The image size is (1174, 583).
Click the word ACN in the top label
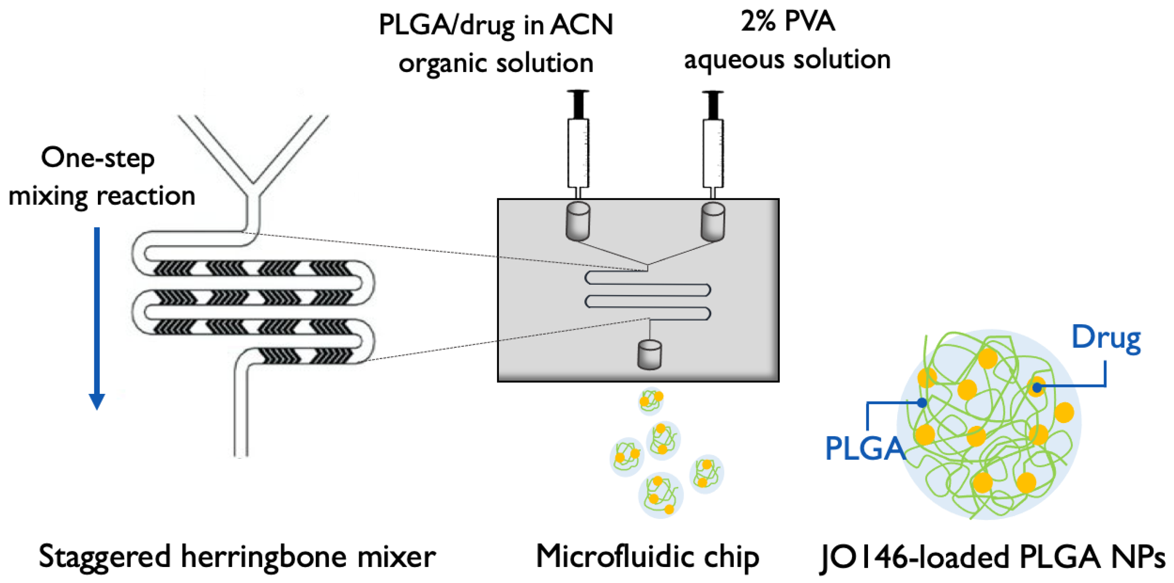click(x=582, y=25)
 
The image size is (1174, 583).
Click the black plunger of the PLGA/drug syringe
click(x=578, y=104)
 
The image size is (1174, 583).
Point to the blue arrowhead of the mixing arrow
click(x=97, y=401)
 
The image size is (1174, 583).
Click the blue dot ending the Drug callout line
click(x=1037, y=388)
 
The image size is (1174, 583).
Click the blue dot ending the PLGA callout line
click(x=922, y=402)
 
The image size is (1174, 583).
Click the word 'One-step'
click(x=97, y=158)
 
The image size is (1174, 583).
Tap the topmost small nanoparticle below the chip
click(x=651, y=400)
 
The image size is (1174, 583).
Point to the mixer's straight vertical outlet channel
click(x=241, y=411)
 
